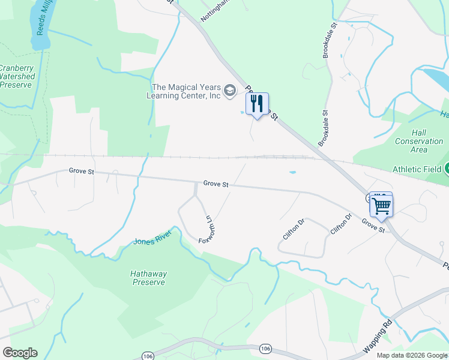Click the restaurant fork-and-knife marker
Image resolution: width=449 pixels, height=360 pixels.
point(257,104)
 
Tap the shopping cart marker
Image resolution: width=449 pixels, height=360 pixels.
point(382,206)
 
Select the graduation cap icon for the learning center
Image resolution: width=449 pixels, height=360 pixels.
point(229,91)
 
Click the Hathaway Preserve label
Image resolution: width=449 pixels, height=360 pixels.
point(149,278)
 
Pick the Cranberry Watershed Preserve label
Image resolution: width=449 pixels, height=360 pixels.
point(17,76)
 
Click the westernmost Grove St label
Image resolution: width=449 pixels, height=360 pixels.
point(82,171)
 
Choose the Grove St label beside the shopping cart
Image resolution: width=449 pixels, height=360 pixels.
point(373,226)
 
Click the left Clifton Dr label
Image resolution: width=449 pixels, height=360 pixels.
point(294,229)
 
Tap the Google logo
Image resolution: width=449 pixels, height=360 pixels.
point(20,353)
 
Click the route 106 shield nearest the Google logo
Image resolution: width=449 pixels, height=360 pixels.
point(148,356)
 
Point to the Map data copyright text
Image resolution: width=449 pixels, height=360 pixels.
point(411,355)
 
